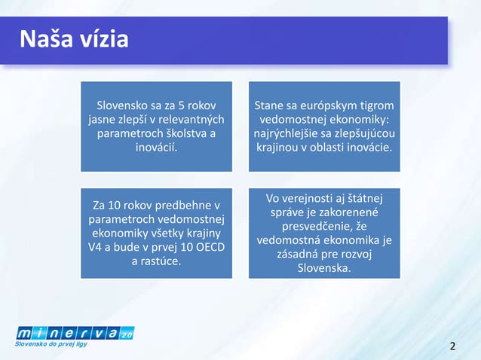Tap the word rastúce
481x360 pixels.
[164, 261]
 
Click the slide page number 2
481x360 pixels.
[452, 346]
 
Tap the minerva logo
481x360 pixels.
[74, 332]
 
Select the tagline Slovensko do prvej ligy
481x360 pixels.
[51, 344]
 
